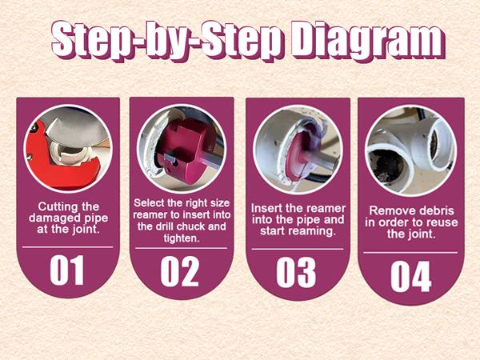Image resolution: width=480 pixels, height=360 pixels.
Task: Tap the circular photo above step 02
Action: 181,146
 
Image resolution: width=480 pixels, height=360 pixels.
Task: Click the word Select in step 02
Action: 150,202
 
